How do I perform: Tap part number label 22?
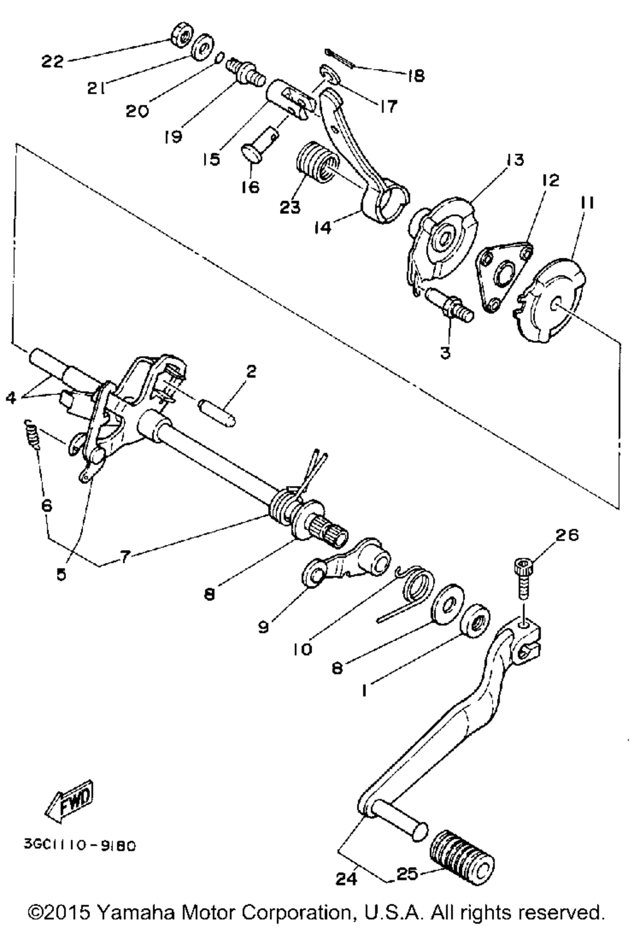coord(53,61)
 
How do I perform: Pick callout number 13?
coord(515,160)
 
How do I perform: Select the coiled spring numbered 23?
coord(315,165)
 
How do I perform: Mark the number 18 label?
coord(415,75)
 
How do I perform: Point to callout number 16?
coord(250,188)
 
